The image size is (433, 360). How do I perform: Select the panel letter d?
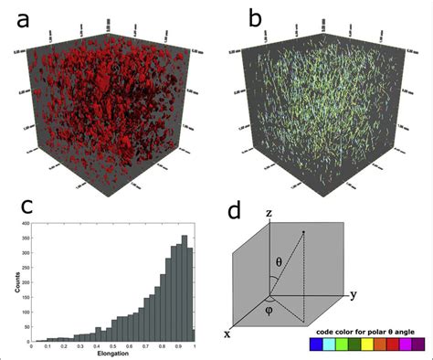tap(235, 211)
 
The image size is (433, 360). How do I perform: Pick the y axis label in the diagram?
tap(352, 294)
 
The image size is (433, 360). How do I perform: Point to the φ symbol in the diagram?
tap(271, 309)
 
